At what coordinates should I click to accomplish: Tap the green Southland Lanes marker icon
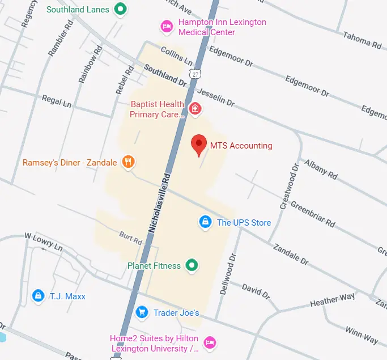(120, 9)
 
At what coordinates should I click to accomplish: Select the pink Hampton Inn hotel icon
(166, 26)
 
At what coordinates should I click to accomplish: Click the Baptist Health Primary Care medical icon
(195, 108)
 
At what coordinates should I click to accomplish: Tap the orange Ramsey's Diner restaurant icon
(129, 163)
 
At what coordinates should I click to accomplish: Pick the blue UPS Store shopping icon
(205, 222)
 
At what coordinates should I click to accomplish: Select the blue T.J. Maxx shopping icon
(38, 295)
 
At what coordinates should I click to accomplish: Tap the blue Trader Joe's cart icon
(142, 312)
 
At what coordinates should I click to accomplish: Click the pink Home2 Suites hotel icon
(210, 342)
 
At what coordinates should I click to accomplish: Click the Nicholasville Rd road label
(159, 203)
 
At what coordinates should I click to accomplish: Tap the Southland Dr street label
(165, 75)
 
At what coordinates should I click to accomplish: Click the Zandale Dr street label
(290, 255)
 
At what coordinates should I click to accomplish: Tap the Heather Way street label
(332, 300)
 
